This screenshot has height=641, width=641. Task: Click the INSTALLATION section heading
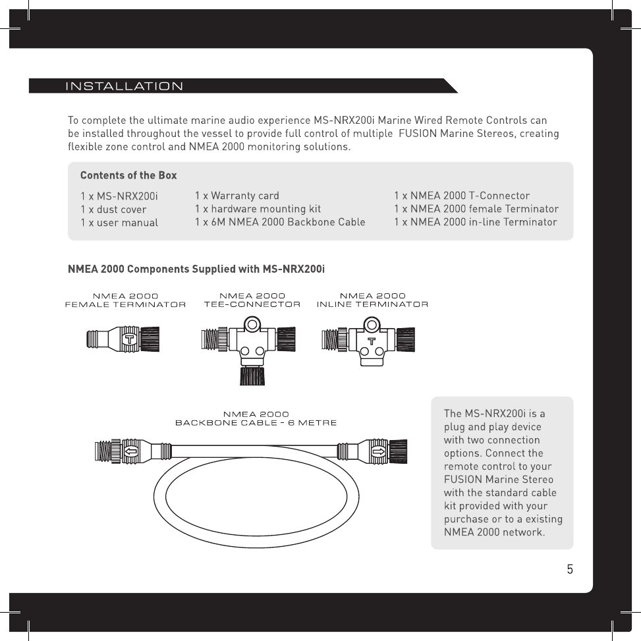click(x=124, y=86)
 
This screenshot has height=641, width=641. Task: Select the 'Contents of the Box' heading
click(x=128, y=175)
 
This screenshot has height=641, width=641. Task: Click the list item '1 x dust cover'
click(x=113, y=209)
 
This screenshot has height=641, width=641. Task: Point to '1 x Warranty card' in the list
click(x=237, y=196)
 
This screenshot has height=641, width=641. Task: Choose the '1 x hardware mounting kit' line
click(x=258, y=209)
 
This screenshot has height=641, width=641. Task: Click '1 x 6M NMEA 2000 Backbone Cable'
click(x=280, y=222)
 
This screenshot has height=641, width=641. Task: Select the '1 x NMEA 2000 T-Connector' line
click(x=462, y=196)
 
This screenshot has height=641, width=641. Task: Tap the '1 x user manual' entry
click(x=119, y=223)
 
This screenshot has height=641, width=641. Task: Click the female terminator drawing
click(x=123, y=339)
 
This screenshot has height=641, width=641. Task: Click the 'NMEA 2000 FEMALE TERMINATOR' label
click(x=125, y=300)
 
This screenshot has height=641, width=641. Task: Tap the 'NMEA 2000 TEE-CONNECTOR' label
click(x=252, y=300)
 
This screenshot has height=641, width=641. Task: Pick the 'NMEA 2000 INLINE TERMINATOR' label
click(x=373, y=300)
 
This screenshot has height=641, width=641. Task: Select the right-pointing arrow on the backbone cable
click(x=378, y=452)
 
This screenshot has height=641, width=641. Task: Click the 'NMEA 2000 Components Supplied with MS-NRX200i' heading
click(x=196, y=269)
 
